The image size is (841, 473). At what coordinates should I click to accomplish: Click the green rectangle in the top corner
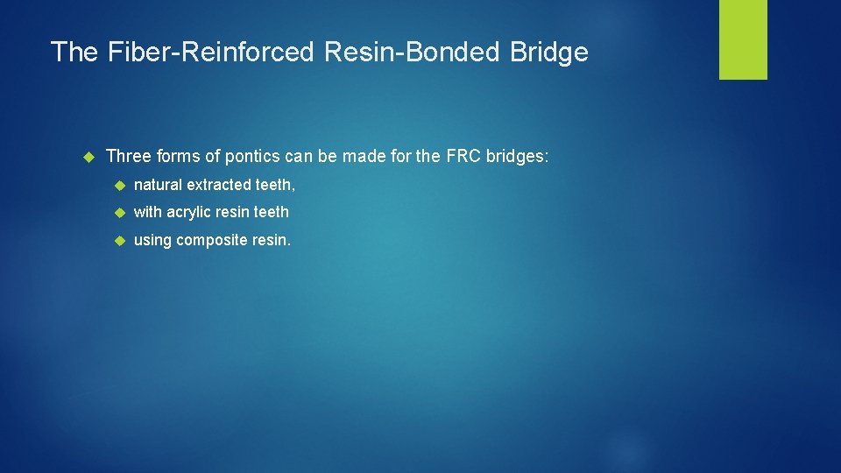click(743, 39)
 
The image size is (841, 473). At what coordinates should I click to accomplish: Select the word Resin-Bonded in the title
click(410, 53)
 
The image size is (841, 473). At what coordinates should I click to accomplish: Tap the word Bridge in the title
click(548, 53)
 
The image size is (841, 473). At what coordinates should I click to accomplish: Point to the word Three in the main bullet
click(128, 157)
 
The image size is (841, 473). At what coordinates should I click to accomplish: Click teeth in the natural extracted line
click(274, 185)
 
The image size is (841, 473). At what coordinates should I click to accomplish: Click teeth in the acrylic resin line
click(271, 212)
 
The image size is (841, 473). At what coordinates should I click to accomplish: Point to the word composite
click(211, 240)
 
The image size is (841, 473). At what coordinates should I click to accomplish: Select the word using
click(152, 240)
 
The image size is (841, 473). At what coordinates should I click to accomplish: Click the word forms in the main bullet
click(177, 157)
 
